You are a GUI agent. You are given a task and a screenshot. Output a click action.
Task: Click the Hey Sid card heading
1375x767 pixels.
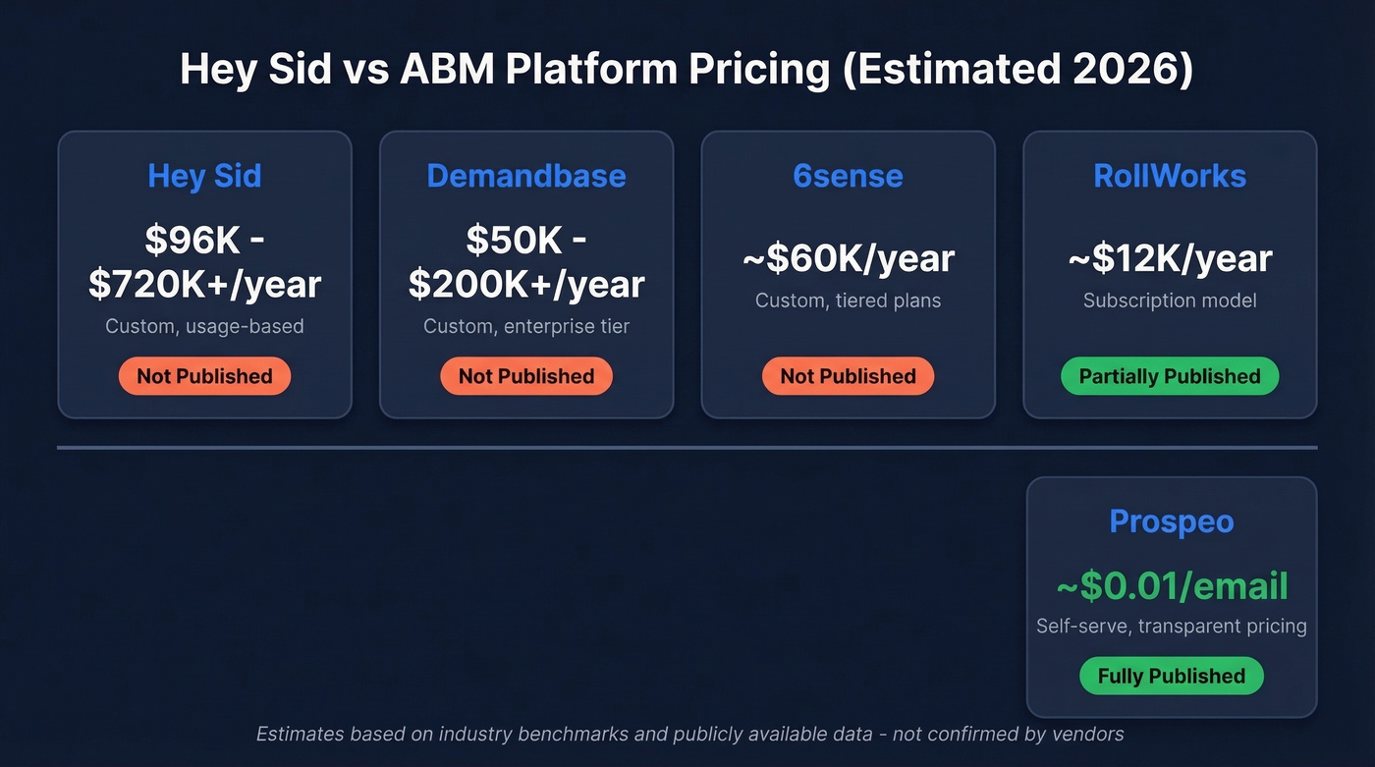coord(204,176)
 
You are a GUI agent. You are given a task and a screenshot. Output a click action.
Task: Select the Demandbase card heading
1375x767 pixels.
coord(526,176)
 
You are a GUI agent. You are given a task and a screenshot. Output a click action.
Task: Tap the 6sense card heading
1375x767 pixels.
coord(848,176)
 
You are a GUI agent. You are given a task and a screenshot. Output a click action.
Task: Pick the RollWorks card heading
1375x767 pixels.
coord(1170,176)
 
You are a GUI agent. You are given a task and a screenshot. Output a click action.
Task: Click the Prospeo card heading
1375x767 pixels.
coord(1171,521)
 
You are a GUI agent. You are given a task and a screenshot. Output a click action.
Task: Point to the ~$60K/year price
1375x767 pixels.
coord(848,258)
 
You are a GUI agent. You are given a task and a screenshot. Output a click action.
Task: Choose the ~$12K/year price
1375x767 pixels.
coord(1170,258)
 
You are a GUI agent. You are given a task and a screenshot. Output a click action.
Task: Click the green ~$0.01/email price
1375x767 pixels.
coord(1171,586)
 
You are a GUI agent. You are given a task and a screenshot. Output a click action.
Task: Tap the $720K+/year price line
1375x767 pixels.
coord(204,285)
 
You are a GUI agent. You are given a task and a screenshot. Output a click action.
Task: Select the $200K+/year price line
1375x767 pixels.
coord(526,285)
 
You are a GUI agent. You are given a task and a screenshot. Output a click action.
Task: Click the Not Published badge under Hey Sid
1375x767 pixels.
coord(204,376)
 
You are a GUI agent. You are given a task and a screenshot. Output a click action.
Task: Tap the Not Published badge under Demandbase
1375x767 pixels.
coord(526,376)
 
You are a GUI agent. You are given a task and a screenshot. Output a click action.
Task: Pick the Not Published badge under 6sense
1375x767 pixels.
coord(848,376)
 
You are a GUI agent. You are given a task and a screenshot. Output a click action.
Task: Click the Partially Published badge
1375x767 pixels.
coord(1170,376)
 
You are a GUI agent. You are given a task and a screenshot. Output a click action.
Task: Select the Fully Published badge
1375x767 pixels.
coord(1171,676)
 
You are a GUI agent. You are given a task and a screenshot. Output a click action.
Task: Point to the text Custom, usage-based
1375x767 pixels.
coord(204,326)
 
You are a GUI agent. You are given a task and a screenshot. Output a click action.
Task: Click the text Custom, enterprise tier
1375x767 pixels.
coord(526,326)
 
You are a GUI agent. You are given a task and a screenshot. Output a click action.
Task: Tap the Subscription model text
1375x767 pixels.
coord(1170,301)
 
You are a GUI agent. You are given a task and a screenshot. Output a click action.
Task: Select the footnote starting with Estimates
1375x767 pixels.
coord(689,734)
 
